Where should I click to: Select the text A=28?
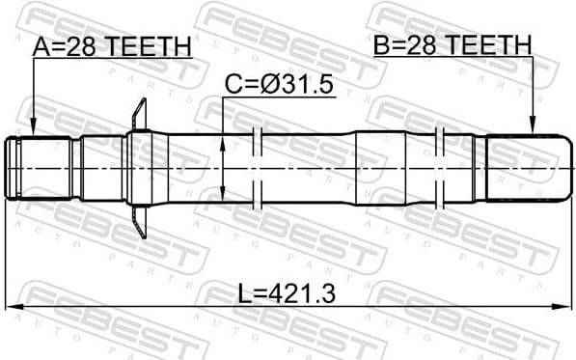(x=63, y=46)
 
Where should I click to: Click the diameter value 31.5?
(x=304, y=87)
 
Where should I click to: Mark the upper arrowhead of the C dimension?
(x=224, y=140)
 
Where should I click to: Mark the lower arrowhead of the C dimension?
(x=224, y=196)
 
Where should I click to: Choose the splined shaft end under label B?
(x=525, y=168)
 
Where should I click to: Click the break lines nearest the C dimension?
(x=257, y=168)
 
